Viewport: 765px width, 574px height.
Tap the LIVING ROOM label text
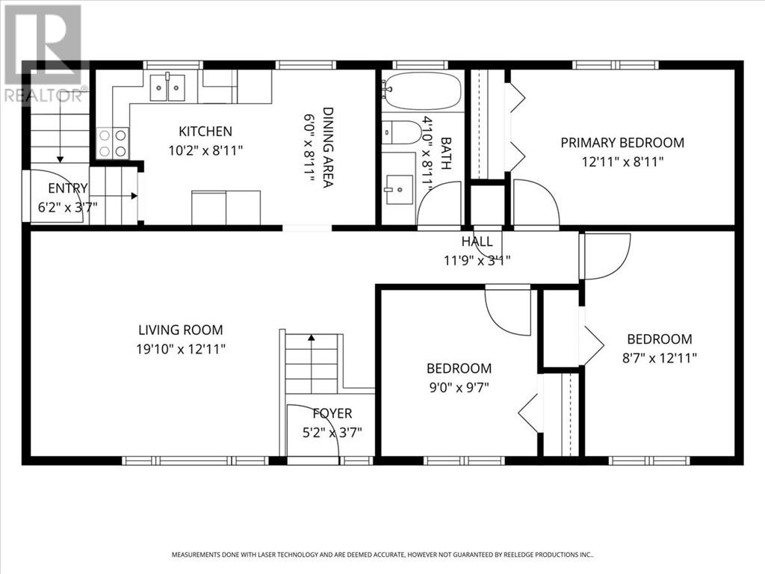[x=180, y=330]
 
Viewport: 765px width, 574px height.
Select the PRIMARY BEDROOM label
[x=622, y=143]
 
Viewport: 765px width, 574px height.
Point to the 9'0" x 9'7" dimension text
[x=459, y=386]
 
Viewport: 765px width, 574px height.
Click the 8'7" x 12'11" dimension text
[x=659, y=357]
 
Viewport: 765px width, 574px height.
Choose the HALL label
[x=477, y=241]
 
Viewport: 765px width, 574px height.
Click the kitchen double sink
[x=169, y=88]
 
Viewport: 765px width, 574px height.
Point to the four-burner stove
[x=112, y=143]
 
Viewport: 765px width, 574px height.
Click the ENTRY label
[x=67, y=188]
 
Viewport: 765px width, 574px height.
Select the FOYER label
[x=332, y=413]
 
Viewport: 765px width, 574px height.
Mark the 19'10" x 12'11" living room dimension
[x=180, y=348]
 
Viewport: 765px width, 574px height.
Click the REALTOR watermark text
[x=45, y=95]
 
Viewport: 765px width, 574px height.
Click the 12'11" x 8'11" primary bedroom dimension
[x=622, y=161]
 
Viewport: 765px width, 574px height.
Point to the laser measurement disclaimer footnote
[x=382, y=555]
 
